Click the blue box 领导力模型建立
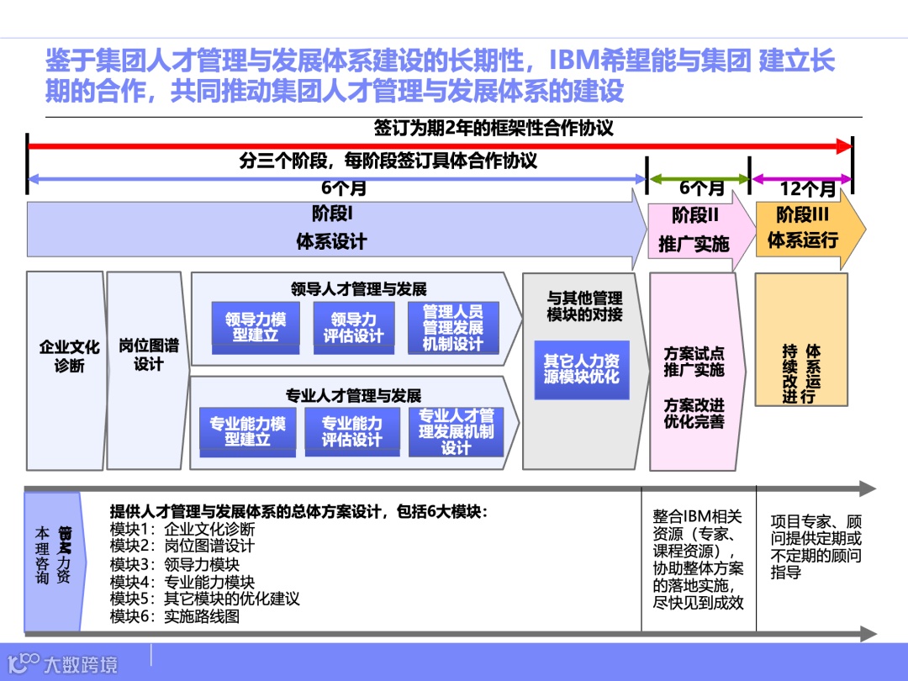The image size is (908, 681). pos(255,327)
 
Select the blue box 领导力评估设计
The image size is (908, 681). pos(353,327)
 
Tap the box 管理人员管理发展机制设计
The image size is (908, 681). pos(453,327)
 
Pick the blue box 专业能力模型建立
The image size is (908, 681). pos(247,431)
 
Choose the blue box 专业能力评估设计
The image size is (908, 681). pos(351,431)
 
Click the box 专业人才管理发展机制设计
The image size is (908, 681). pos(456,431)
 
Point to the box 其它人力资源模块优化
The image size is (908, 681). pos(581,369)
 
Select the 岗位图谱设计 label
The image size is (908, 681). pos(148,355)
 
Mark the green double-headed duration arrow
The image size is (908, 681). pos(699,179)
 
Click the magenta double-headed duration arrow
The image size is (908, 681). pos(801,179)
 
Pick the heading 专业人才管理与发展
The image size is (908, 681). pos(353,396)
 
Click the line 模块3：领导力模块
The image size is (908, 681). pos(175,564)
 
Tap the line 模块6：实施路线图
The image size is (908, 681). pos(175,616)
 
